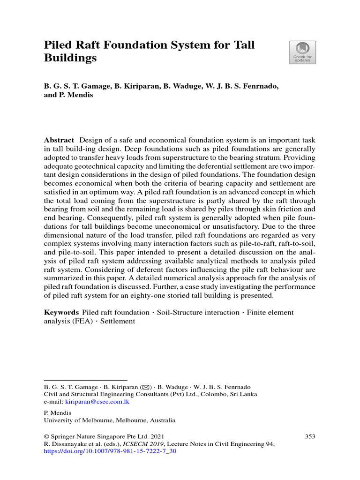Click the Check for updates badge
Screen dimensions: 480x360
[302, 52]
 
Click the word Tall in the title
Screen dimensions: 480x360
[242, 45]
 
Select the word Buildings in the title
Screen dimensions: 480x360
[70, 59]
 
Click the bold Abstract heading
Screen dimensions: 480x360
[59, 140]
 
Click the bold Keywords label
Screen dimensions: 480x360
[61, 312]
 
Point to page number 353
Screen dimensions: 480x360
[310, 436]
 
